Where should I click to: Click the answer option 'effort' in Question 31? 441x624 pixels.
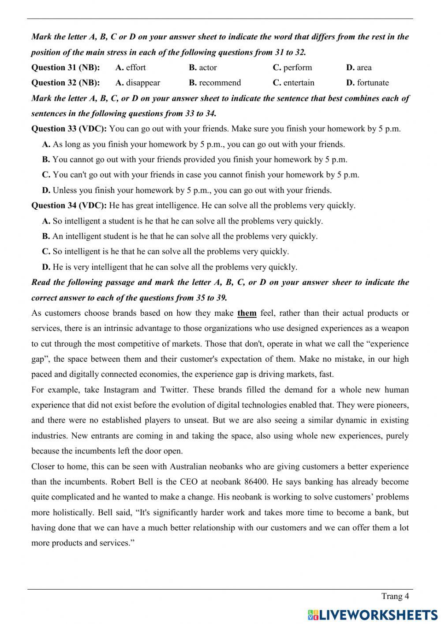[135, 68]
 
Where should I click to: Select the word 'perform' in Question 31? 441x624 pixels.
[297, 68]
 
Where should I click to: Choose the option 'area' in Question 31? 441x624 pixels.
[364, 68]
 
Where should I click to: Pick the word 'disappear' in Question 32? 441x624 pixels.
[143, 83]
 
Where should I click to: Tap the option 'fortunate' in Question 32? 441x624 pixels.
[373, 83]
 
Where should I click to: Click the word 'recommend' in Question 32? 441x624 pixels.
[220, 83]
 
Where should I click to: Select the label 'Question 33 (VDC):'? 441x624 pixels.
[69, 129]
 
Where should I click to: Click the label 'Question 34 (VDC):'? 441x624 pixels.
[69, 205]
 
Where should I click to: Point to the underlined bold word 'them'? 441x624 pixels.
[247, 313]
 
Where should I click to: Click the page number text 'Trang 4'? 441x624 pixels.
[395, 596]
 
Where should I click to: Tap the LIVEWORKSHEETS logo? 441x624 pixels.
[373, 614]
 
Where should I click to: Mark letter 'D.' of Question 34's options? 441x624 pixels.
[46, 267]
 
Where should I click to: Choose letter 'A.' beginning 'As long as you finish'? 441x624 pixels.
[46, 144]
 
